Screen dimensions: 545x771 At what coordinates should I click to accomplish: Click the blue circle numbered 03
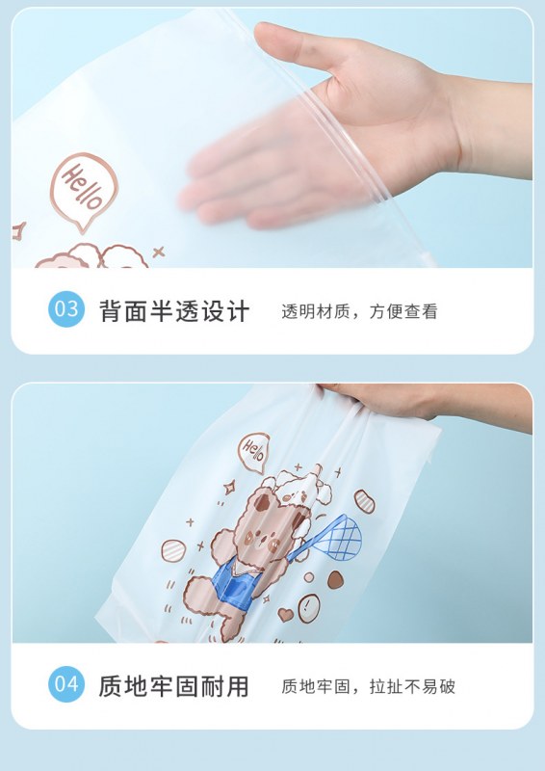66,309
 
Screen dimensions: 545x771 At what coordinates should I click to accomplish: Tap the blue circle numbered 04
66,684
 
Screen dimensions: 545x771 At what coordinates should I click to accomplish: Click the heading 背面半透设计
174,311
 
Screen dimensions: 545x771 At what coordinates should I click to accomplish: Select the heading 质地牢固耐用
174,686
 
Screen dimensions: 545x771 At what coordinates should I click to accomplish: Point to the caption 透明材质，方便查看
359,311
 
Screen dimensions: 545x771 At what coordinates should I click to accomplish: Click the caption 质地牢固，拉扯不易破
368,686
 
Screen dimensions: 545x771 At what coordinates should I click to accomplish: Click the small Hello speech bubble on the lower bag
253,452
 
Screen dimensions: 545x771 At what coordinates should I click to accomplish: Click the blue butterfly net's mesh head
338,538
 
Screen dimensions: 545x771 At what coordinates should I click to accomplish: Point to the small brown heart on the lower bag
285,614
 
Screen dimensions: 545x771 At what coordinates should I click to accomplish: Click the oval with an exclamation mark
309,608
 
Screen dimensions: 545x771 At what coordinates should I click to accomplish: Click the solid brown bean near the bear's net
336,580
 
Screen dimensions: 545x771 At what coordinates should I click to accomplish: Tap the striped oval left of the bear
173,550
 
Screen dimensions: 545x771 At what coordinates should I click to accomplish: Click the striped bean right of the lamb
365,501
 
